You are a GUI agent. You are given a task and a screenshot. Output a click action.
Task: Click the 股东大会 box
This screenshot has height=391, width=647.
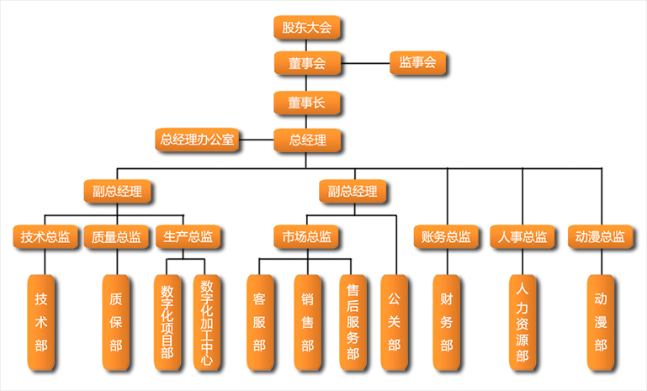(x=307, y=28)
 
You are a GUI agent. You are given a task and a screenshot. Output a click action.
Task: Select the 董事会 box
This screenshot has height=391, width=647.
(x=307, y=63)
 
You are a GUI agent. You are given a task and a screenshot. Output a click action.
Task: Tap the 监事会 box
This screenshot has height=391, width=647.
(x=418, y=63)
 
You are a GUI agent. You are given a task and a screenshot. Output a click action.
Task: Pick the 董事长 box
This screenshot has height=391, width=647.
(x=307, y=103)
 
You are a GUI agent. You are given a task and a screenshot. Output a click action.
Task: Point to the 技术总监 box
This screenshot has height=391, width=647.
(x=45, y=237)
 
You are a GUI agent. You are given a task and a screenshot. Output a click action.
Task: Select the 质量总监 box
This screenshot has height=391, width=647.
(x=116, y=237)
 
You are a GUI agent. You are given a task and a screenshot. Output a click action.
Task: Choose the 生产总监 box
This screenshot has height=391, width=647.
(x=188, y=237)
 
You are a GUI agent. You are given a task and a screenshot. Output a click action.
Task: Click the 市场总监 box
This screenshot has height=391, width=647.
(x=307, y=237)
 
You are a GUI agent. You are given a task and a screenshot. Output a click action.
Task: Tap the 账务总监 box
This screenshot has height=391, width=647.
(x=446, y=237)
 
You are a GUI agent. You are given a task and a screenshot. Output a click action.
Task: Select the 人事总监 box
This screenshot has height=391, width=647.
(x=523, y=237)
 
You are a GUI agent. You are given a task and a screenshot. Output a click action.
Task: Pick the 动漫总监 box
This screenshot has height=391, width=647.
(x=601, y=237)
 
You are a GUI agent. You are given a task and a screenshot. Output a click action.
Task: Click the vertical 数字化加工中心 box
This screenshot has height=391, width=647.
(x=208, y=323)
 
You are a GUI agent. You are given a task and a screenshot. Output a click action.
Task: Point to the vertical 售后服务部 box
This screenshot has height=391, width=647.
(x=353, y=323)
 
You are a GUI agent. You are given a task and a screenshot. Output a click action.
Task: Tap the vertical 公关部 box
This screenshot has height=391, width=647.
(x=394, y=323)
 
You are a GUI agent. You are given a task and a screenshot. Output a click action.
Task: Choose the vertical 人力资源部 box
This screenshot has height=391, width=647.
(x=522, y=323)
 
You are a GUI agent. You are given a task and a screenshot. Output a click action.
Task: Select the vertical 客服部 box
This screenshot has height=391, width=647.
(x=259, y=323)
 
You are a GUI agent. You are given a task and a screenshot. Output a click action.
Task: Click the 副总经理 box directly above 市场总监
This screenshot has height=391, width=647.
(x=353, y=192)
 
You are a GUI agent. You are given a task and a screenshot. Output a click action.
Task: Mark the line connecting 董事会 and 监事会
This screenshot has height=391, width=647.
(x=364, y=63)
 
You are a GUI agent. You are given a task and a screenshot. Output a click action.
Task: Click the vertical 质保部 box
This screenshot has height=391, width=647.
(x=116, y=323)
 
